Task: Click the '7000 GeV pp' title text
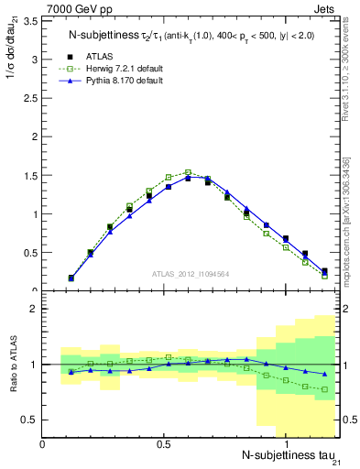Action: pyautogui.click(x=76, y=7)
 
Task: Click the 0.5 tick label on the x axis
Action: pyautogui.click(x=163, y=444)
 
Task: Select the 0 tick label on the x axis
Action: pyautogui.click(x=42, y=444)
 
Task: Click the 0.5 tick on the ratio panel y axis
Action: pyautogui.click(x=30, y=420)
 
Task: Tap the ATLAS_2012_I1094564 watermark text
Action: pyautogui.click(x=191, y=273)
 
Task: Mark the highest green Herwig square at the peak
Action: pyautogui.click(x=188, y=172)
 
